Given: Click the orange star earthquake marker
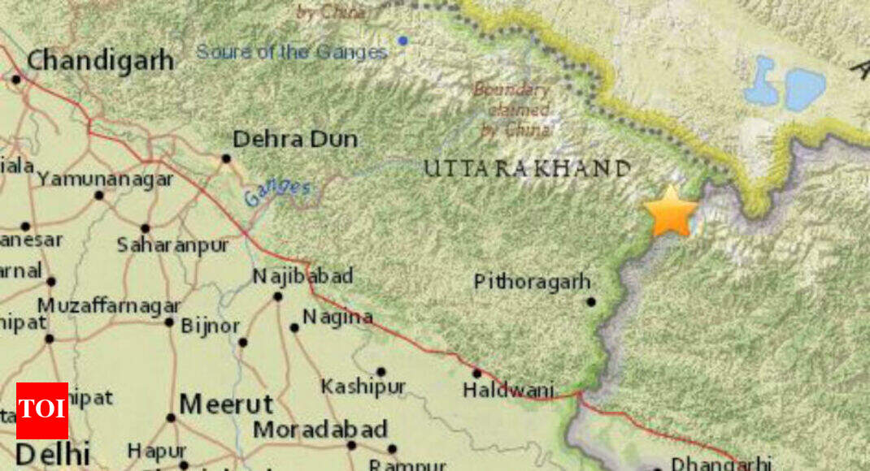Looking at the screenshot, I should [x=671, y=212].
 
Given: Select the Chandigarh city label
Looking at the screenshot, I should [x=100, y=60].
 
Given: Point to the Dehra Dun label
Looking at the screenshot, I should [x=295, y=140].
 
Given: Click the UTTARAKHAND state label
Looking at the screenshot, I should [x=526, y=169].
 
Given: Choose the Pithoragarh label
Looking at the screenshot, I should [x=532, y=282].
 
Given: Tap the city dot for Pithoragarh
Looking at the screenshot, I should [x=591, y=302].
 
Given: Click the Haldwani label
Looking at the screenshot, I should [x=508, y=390].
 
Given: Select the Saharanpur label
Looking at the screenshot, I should [x=172, y=244].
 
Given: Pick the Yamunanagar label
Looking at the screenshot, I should [x=106, y=179].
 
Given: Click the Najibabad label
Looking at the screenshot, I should [x=302, y=276].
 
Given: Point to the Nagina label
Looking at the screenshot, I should [x=337, y=318].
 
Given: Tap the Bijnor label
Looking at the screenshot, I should [x=210, y=326].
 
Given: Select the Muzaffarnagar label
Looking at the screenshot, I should [x=109, y=306].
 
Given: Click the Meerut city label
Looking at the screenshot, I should [x=226, y=404].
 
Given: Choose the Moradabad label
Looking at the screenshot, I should [x=320, y=430].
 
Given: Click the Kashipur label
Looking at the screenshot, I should [x=363, y=387].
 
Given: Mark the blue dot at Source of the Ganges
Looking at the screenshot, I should [x=402, y=41].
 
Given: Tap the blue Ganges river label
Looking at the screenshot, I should [x=277, y=192].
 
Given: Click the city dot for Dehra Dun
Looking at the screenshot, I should [x=226, y=158].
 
